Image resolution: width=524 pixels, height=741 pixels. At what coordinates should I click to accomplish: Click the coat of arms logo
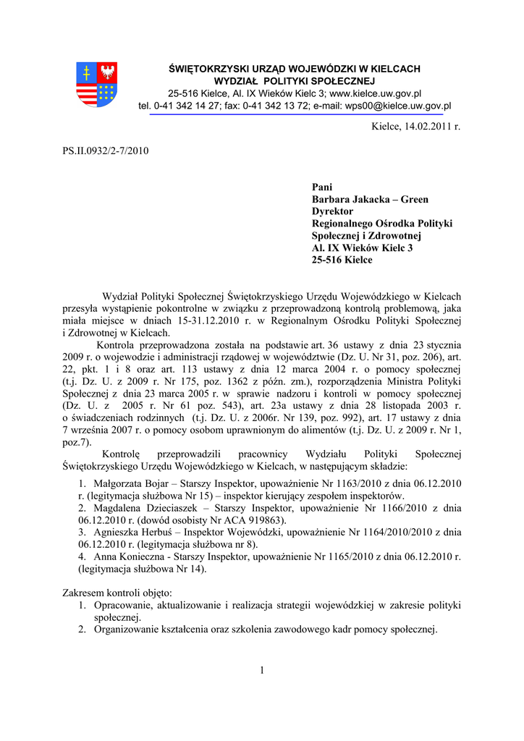[97, 85]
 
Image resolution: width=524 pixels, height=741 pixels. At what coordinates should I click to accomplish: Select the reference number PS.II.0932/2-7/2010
[106, 151]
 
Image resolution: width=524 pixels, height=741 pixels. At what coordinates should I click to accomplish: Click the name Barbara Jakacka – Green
[370, 199]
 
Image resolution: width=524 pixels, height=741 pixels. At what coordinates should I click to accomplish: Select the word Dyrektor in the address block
[332, 211]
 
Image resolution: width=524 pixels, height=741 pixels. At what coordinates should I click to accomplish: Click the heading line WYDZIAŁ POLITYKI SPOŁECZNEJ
[294, 81]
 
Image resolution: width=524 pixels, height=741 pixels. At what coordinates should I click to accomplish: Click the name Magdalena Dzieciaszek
[147, 508]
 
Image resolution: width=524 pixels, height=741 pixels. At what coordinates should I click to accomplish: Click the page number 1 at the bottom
[262, 670]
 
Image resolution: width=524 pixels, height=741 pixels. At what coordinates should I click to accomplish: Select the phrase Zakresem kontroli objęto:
[117, 593]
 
